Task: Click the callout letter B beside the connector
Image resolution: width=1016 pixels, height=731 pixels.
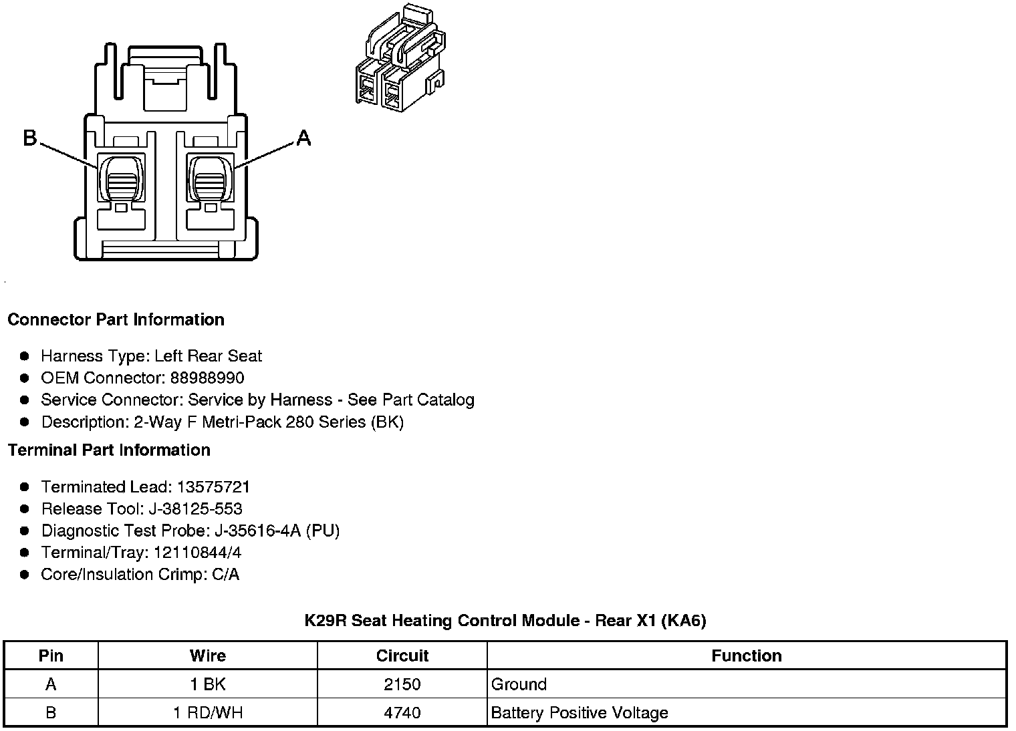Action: pos(29,138)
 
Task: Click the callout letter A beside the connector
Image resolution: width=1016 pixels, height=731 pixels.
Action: pos(303,138)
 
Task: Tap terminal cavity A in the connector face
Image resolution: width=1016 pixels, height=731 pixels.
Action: pos(210,177)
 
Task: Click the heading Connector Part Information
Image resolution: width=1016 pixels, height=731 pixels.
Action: pos(116,319)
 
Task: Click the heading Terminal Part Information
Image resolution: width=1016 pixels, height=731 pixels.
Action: pos(109,450)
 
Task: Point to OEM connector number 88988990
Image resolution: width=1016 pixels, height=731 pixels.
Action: pos(207,378)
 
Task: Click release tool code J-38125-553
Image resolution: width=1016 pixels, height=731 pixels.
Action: pos(195,508)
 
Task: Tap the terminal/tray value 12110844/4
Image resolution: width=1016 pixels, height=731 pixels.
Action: pos(197,553)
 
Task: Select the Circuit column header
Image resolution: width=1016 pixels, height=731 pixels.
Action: pos(402,655)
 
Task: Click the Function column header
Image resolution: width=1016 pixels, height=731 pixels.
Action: pos(747,655)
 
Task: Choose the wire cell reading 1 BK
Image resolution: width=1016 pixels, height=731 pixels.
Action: pos(208,684)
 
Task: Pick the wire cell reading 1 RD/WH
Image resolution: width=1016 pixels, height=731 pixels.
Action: pos(208,712)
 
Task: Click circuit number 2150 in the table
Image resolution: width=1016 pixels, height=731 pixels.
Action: pos(402,684)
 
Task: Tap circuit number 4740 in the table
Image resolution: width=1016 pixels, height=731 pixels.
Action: pos(402,712)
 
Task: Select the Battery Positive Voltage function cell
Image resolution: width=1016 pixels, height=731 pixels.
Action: pos(580,712)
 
